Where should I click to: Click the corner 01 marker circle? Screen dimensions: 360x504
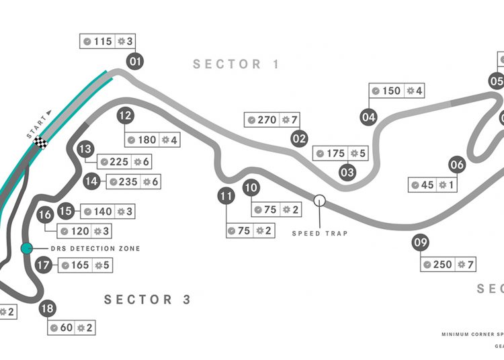click(136, 62)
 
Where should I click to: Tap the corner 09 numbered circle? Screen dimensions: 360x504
click(421, 243)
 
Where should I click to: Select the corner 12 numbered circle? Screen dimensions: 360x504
click(124, 116)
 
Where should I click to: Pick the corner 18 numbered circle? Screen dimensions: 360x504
click(47, 309)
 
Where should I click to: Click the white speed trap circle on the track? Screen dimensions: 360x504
click(320, 199)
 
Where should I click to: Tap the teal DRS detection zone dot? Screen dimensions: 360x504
click(26, 249)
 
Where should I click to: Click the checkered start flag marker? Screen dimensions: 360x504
click(41, 142)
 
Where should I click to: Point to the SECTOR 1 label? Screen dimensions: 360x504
click(237, 64)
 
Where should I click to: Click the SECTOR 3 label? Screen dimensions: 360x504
click(148, 300)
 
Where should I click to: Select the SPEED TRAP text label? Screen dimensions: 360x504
click(320, 234)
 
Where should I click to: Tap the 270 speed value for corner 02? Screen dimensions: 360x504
click(267, 120)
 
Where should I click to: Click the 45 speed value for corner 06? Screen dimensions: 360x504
click(427, 185)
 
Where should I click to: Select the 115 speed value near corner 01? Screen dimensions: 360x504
click(103, 42)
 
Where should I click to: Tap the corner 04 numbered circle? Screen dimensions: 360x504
click(368, 116)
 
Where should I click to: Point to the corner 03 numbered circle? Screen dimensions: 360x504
click(347, 172)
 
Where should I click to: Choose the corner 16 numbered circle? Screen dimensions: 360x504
click(45, 216)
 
